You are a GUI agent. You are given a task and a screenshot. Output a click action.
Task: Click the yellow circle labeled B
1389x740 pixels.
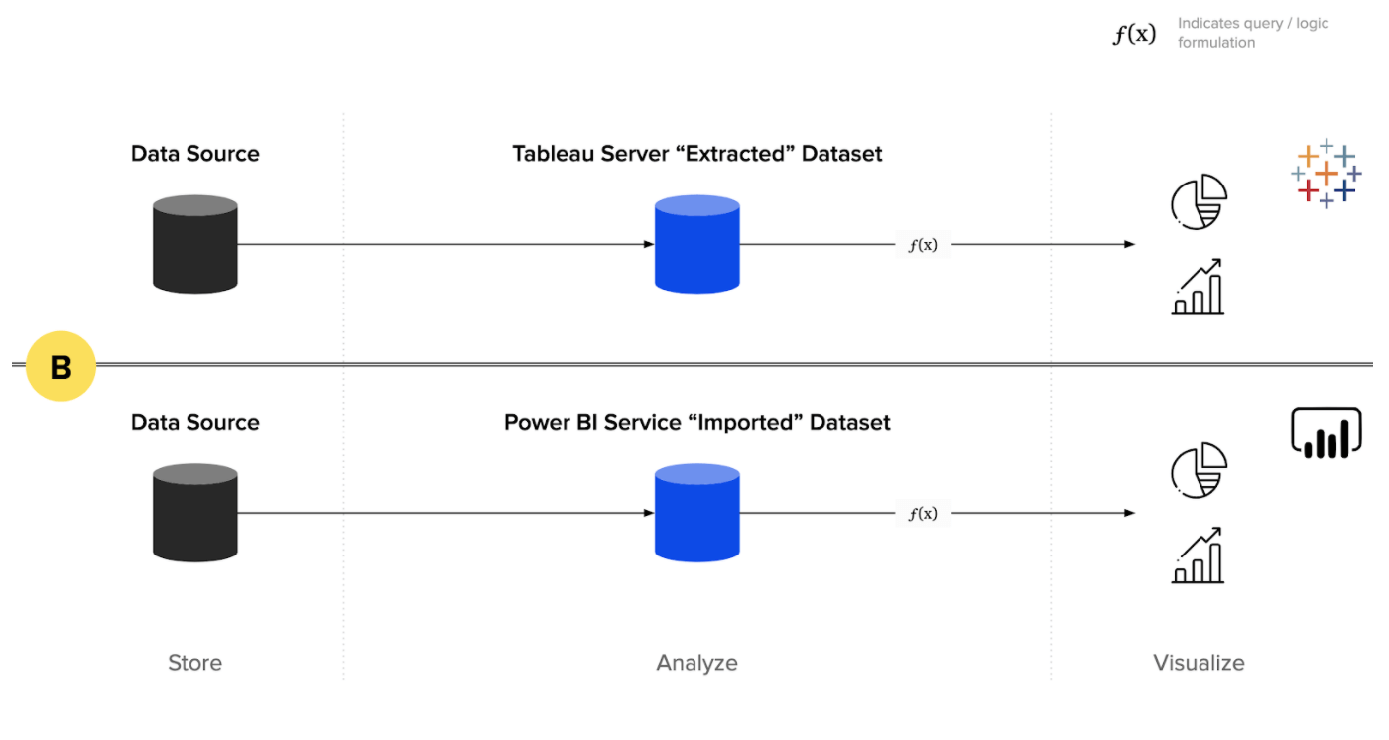(61, 366)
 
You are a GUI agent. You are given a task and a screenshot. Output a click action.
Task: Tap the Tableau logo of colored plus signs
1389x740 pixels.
(1326, 173)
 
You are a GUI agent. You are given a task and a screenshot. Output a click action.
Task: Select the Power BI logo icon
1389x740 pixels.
(1326, 433)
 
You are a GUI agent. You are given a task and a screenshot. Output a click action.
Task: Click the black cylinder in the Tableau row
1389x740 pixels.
(195, 244)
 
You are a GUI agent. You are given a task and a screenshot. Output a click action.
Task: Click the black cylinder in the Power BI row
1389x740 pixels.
(195, 514)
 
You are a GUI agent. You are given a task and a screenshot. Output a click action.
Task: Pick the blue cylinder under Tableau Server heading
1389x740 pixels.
(697, 244)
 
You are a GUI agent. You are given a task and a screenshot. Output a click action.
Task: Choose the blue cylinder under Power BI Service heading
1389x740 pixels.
(697, 514)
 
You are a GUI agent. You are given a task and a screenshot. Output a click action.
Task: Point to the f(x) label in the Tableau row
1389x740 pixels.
(923, 245)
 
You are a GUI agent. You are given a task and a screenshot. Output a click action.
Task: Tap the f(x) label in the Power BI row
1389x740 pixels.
(923, 514)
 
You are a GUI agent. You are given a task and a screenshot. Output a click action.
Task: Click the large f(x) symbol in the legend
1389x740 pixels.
(1134, 34)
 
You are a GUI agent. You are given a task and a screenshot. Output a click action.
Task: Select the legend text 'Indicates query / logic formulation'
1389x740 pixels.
(1252, 33)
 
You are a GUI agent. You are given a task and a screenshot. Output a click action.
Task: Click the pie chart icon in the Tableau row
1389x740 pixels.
(1199, 201)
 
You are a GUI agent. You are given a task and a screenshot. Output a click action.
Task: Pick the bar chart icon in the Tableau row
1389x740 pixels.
(1199, 287)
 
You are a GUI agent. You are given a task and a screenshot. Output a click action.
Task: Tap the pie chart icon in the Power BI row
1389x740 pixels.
(1199, 470)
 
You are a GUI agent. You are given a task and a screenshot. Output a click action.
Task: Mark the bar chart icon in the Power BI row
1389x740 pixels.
(1199, 555)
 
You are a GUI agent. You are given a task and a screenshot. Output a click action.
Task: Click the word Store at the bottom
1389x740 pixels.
(195, 663)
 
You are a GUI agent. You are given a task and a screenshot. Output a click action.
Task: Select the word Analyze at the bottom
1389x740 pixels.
(697, 663)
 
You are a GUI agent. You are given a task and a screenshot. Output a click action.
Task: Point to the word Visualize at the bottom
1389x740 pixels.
(1199, 663)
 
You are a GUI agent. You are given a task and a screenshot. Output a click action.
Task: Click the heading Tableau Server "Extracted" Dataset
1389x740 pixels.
(697, 154)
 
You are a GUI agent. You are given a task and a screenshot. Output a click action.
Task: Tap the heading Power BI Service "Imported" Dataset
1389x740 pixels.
(697, 423)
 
